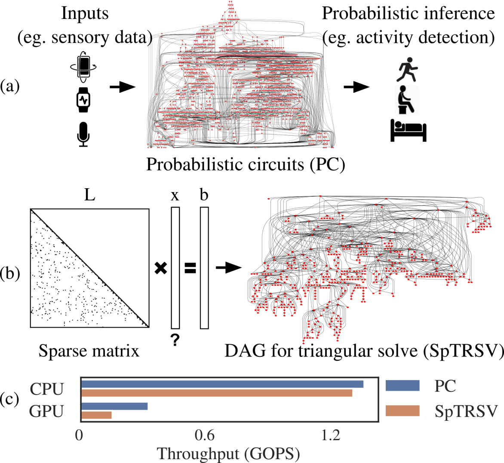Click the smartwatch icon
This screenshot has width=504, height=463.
point(83,100)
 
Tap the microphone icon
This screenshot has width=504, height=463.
point(83,134)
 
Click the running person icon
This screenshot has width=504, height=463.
point(407,69)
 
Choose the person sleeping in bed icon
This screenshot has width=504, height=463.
point(408,130)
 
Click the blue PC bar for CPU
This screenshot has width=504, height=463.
point(222,384)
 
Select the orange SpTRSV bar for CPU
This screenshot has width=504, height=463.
point(217,393)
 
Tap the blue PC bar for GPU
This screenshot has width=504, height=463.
point(114,406)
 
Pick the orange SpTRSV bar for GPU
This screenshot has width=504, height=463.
point(96,415)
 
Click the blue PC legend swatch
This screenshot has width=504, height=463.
point(403,386)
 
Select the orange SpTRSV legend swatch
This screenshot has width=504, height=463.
point(403,411)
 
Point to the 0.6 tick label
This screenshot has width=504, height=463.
point(205,435)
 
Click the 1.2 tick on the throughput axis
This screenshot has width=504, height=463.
point(331,435)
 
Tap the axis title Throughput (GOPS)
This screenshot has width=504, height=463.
point(228,454)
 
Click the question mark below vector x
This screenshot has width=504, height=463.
point(175,340)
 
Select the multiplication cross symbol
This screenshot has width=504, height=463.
point(161,268)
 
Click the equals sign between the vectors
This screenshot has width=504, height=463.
point(190,268)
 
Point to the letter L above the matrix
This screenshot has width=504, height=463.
point(90,195)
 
